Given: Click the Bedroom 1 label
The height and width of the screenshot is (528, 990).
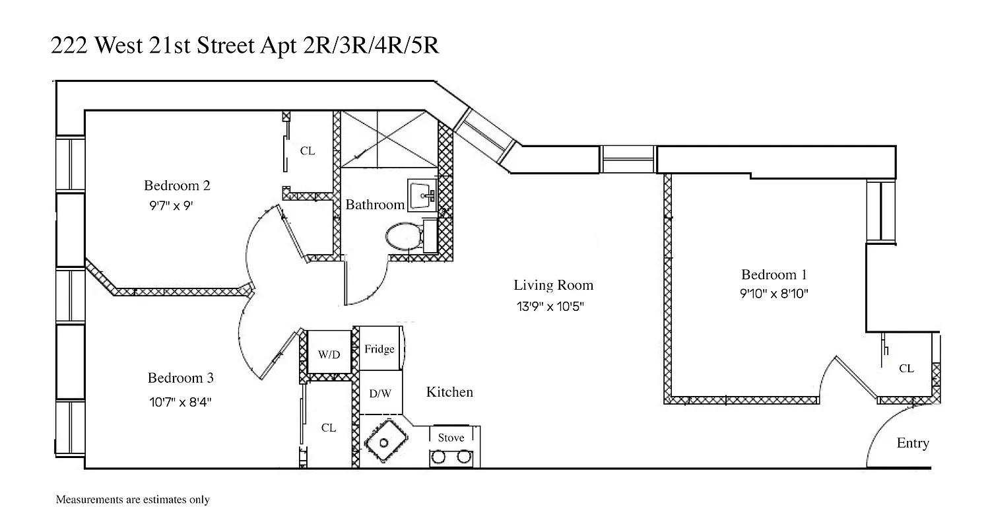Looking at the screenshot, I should [774, 275].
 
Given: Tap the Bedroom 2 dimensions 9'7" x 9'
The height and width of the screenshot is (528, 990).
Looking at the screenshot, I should [172, 205].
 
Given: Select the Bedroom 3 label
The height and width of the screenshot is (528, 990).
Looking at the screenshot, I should [180, 378].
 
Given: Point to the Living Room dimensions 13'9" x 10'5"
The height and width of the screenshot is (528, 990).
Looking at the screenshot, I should [550, 306].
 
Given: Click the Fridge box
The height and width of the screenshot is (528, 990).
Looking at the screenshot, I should [379, 349].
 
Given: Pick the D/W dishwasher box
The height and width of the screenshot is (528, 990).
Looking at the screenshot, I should [380, 394].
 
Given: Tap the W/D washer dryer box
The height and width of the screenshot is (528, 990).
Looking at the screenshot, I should [329, 354].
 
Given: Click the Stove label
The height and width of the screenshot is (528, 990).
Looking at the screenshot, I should [451, 438].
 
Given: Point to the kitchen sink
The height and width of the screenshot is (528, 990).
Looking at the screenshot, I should [383, 443].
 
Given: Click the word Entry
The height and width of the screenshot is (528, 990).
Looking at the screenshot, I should [913, 444].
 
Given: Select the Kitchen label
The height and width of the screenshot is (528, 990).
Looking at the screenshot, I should [449, 392].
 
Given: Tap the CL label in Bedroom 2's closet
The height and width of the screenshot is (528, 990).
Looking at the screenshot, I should [308, 150].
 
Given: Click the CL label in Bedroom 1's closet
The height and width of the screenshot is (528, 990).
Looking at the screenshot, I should [906, 368].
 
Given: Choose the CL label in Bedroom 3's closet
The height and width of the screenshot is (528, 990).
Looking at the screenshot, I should [329, 428].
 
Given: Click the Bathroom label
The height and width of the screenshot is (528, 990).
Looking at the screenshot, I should [375, 205].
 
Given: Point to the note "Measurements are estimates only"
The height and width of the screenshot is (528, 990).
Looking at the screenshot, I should [133, 500].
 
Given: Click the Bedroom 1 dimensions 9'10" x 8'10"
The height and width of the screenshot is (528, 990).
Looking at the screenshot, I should [774, 294].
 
